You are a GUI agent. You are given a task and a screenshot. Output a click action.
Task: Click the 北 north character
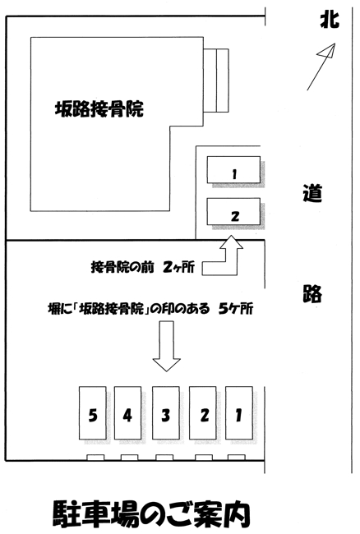coord(330,19)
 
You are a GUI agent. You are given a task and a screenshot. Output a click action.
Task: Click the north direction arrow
coord(321,67)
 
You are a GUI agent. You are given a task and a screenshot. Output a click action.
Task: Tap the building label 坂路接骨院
coord(99,109)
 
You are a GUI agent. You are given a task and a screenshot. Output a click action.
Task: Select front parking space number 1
coord(233,169)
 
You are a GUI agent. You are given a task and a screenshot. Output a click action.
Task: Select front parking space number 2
coord(233,211)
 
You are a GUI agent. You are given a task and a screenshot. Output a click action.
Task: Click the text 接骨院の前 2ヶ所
coord(143,267)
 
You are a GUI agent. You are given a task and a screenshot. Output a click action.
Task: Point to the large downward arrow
coord(167,347)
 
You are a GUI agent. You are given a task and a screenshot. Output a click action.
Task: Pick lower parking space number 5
coord(93,412)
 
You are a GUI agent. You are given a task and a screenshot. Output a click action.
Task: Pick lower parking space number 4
coord(127,412)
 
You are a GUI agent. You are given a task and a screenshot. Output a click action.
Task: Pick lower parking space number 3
coord(166,412)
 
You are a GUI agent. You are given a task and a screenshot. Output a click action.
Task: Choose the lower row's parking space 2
coord(203,412)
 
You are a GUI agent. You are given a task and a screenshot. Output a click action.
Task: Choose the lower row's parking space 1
coord(239,412)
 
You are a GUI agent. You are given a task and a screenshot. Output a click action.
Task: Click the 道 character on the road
coord(312,193)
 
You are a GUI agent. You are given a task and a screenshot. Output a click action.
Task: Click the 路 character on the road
coord(312,293)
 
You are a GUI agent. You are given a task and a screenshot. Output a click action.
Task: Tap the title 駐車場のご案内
coord(152,514)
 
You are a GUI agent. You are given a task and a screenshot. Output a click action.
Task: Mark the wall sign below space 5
coord(95,458)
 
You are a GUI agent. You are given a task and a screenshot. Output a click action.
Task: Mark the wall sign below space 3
coord(164,458)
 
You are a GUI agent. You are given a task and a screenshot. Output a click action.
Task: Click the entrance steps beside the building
coord(216,81)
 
